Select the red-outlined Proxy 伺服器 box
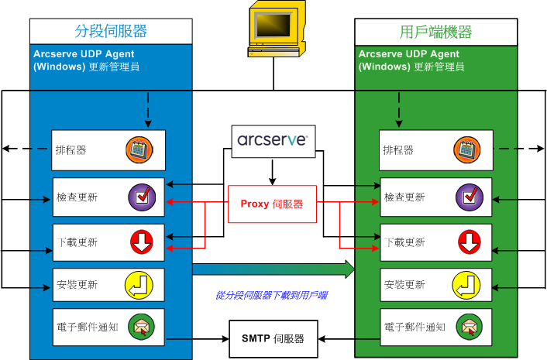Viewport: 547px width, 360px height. pyautogui.click(x=272, y=204)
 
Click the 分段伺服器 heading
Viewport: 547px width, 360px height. pyautogui.click(x=111, y=32)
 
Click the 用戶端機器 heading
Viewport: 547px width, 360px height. pyautogui.click(x=435, y=32)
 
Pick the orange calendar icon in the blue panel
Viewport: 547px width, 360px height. pyautogui.click(x=139, y=149)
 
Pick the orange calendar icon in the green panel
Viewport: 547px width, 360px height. pyautogui.click(x=466, y=149)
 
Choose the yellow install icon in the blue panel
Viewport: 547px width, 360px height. pyautogui.click(x=139, y=285)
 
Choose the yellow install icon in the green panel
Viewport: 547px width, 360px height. pyautogui.click(x=466, y=285)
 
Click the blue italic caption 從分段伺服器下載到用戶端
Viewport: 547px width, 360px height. pyautogui.click(x=271, y=295)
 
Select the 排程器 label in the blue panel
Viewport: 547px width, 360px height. pyautogui.click(x=71, y=150)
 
